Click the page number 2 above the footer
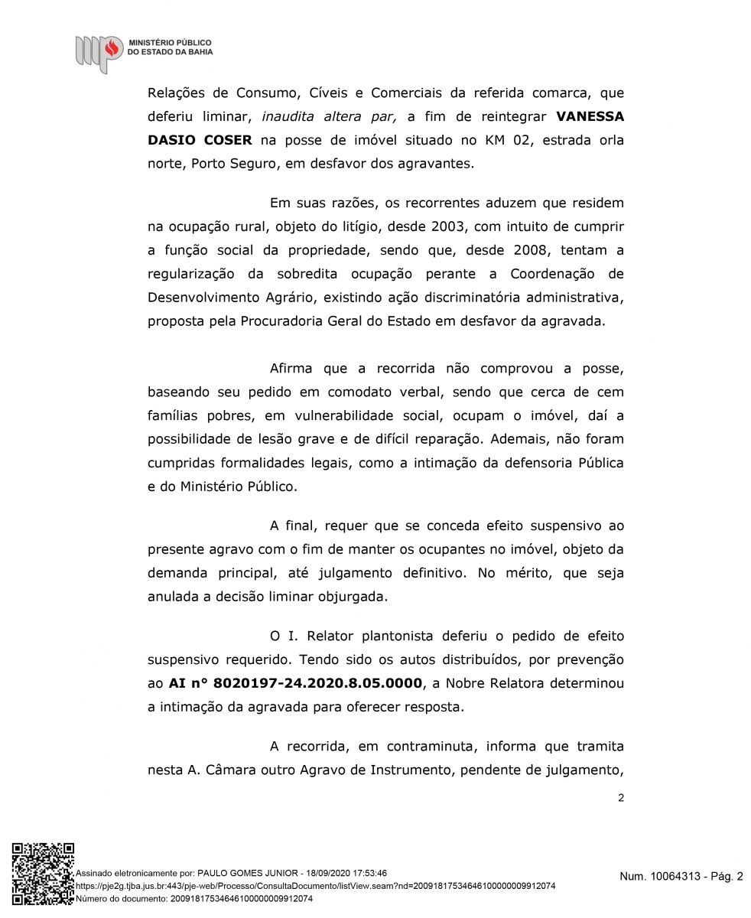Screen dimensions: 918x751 (620, 799)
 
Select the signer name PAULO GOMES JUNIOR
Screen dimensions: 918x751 (249, 872)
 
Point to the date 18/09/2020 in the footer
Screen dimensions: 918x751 (331, 872)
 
